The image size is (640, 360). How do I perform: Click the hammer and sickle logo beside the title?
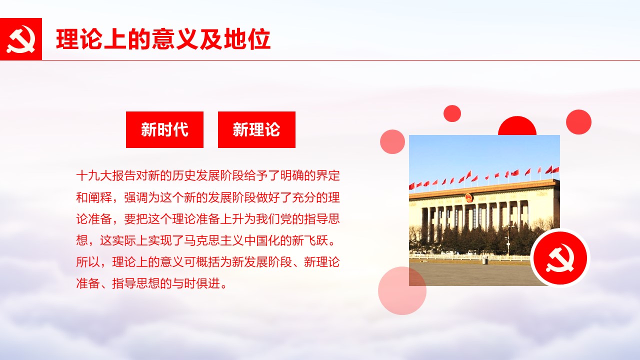21,39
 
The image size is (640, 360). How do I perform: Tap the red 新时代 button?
164,129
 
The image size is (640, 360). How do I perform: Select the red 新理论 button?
256,129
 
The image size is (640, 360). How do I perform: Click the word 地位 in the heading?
247,39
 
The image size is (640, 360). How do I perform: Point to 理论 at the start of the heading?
79,39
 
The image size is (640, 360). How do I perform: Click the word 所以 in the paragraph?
88,262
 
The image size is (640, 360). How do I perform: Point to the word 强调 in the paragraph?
135,197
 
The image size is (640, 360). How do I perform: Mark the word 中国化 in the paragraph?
261,240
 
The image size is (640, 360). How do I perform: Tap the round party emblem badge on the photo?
560,258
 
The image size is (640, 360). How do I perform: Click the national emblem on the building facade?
468,197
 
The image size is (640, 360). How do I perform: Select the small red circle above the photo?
452,113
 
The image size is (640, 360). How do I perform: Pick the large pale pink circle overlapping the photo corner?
402,291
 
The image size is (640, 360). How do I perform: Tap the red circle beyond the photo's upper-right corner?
579,122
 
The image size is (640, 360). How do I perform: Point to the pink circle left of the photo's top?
392,141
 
